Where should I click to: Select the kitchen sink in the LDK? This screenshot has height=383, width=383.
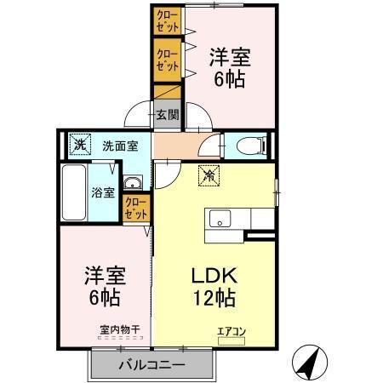(x=217, y=218)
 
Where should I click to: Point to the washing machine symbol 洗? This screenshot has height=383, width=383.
(x=79, y=144)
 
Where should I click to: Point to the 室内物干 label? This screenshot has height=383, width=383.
(x=118, y=329)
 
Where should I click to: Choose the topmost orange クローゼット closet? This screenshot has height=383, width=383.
(x=167, y=20)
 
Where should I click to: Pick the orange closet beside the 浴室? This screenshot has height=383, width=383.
(x=135, y=209)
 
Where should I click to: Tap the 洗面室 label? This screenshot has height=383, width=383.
(x=120, y=145)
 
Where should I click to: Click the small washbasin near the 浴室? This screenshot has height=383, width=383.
(x=132, y=185)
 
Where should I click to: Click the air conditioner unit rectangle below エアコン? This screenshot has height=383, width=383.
(x=230, y=340)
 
